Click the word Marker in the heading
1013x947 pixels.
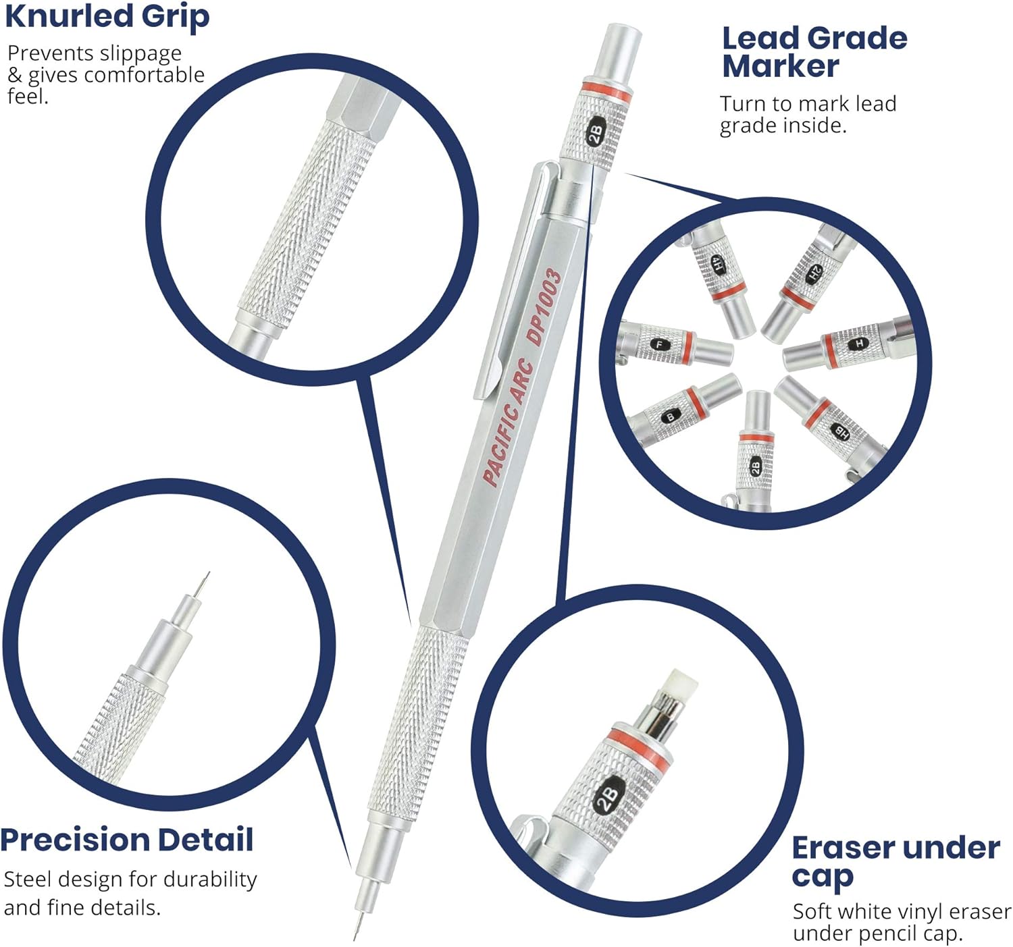(780, 67)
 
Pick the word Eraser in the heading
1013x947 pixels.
(841, 848)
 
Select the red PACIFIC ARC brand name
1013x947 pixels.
(509, 424)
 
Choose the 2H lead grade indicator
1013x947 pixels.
(814, 273)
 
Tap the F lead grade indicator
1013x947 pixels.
(660, 344)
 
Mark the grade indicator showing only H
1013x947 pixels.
(859, 343)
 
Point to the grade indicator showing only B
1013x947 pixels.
(671, 417)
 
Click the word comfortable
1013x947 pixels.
(144, 75)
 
